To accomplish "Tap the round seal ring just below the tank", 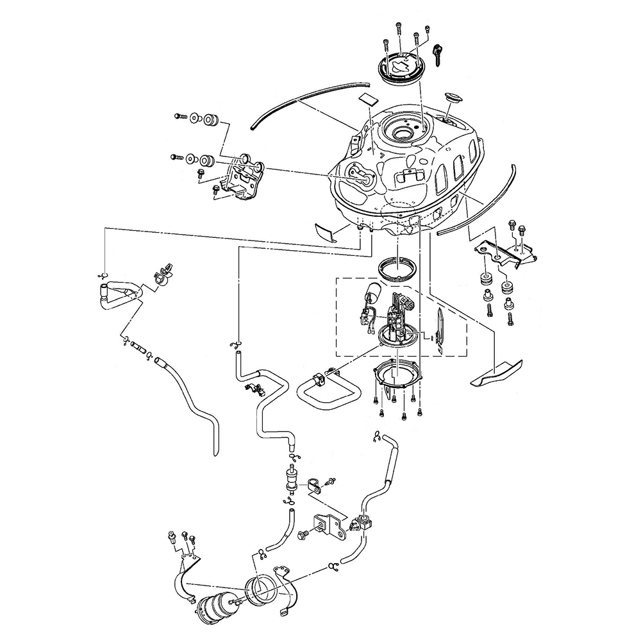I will tap(397, 266).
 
